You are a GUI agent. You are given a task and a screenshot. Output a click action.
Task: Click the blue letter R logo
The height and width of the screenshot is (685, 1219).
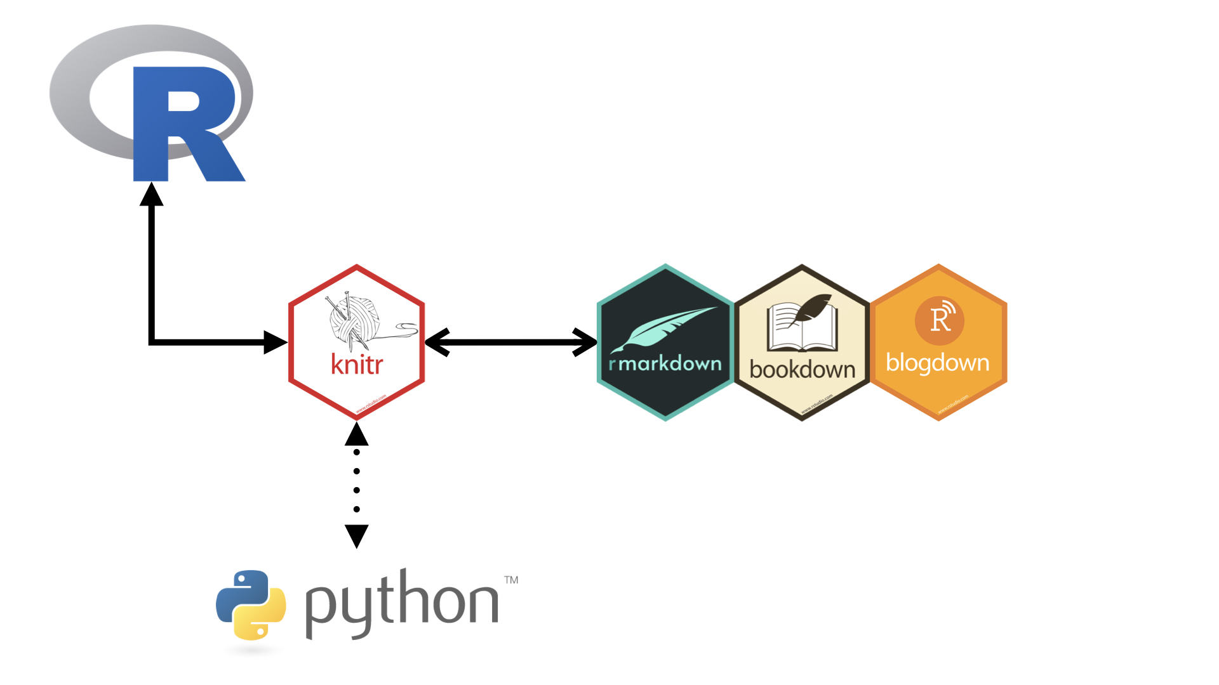pyautogui.click(x=184, y=124)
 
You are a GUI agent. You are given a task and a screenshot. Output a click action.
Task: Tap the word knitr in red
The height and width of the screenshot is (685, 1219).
pyautogui.click(x=357, y=365)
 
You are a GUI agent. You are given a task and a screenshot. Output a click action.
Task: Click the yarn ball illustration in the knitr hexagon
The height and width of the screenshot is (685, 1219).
pyautogui.click(x=354, y=320)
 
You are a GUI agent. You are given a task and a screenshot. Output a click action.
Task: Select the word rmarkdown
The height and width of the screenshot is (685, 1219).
pyautogui.click(x=665, y=363)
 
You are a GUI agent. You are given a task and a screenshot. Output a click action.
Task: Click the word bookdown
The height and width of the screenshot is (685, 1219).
pyautogui.click(x=803, y=369)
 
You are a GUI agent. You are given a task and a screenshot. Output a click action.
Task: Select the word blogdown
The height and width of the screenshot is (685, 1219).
pyautogui.click(x=938, y=363)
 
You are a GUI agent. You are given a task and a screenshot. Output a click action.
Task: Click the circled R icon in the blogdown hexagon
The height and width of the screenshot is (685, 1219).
pyautogui.click(x=940, y=320)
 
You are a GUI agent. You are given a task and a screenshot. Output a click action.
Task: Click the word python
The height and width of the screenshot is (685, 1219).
pyautogui.click(x=401, y=603)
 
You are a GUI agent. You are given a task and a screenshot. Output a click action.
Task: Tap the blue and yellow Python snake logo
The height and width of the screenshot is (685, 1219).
pyautogui.click(x=251, y=604)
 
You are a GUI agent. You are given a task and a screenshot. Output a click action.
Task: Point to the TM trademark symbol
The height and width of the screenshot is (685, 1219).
pyautogui.click(x=511, y=580)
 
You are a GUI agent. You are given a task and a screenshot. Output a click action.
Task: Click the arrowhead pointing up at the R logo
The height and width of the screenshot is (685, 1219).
pyautogui.click(x=152, y=195)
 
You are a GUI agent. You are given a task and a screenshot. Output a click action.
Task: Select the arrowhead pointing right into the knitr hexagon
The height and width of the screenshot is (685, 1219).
pyautogui.click(x=275, y=342)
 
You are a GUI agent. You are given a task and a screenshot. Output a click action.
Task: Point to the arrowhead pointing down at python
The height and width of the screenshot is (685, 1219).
pyautogui.click(x=357, y=536)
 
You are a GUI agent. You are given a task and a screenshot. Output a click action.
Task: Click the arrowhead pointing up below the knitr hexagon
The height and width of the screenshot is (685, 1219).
pyautogui.click(x=357, y=434)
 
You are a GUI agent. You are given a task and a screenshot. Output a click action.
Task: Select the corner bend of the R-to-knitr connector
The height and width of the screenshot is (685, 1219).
pyautogui.click(x=152, y=342)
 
